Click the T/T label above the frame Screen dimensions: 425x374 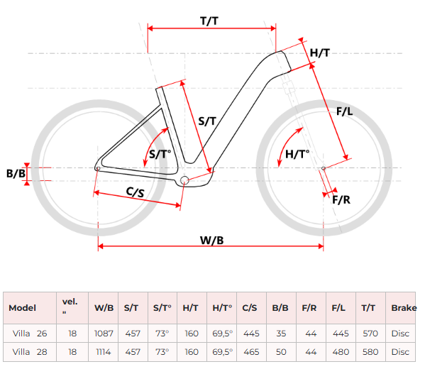pyautogui.click(x=209, y=21)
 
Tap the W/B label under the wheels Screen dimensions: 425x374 pyautogui.click(x=211, y=240)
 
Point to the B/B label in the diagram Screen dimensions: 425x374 pyautogui.click(x=16, y=173)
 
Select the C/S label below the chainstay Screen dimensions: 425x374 pyautogui.click(x=136, y=192)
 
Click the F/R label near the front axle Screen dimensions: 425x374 pyautogui.click(x=341, y=200)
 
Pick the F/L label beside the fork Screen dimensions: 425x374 pyautogui.click(x=345, y=111)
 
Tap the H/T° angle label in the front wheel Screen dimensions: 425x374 pyautogui.click(x=297, y=154)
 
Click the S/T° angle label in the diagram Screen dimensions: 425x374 pyautogui.click(x=160, y=154)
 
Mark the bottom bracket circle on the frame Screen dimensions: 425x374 pyautogui.click(x=184, y=180)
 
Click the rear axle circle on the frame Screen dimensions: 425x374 pyautogui.click(x=98, y=169)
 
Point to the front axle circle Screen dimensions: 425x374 pyautogui.click(x=324, y=168)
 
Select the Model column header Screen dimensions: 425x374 pyautogui.click(x=22, y=308)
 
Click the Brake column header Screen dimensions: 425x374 pyautogui.click(x=404, y=308)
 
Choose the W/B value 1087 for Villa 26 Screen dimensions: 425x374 pyautogui.click(x=104, y=334)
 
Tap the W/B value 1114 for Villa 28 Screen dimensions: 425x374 pyautogui.click(x=104, y=352)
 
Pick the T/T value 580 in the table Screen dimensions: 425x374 pyautogui.click(x=370, y=352)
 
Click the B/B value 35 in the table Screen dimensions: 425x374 pyautogui.click(x=281, y=334)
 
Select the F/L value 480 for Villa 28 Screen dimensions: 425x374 pyautogui.click(x=341, y=352)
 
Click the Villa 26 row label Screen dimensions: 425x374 pyautogui.click(x=30, y=334)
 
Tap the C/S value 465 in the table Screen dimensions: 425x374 pyautogui.click(x=251, y=352)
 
